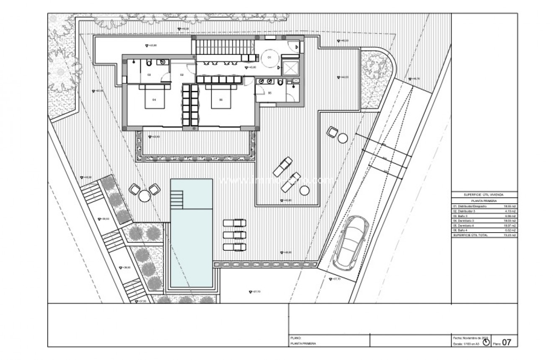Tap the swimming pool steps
point(177,199)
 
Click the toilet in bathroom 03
point(149,63)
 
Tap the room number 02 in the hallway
point(182,75)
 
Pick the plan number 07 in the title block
point(506,342)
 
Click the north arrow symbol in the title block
point(486,342)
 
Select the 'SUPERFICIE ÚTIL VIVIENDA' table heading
point(484,195)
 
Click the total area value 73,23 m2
point(510,236)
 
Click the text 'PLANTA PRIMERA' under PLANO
point(303,343)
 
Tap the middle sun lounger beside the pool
point(234,235)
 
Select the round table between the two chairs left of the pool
point(145,196)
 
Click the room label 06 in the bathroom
point(270,93)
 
